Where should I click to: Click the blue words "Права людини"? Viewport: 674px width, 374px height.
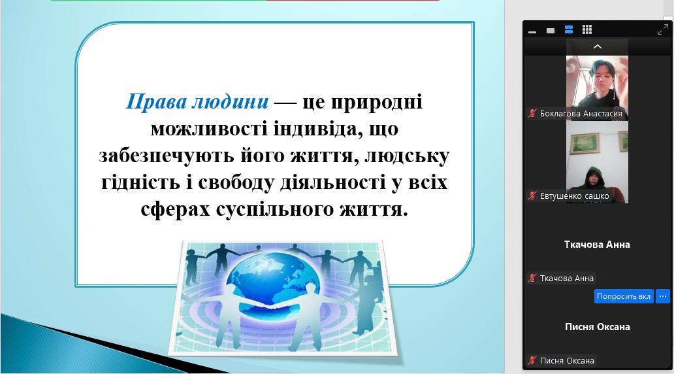197,102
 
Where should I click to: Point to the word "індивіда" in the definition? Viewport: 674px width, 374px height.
316,129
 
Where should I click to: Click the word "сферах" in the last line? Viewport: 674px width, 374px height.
176,210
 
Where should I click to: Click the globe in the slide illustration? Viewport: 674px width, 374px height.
266,280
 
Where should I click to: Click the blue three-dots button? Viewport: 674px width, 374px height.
663,296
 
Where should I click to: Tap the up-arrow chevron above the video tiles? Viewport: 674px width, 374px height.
598,46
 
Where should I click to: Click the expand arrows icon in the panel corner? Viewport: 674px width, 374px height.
663,29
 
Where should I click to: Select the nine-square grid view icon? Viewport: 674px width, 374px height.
587,29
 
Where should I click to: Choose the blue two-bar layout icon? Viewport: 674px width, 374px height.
569,29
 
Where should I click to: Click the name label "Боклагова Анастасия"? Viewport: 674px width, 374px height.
581,114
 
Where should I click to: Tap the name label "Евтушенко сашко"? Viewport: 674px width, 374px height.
575,195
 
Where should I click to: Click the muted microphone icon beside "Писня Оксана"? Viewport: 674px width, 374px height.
532,361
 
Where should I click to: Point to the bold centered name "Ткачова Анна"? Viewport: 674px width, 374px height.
597,245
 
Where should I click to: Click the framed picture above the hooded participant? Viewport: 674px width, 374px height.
585,143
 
